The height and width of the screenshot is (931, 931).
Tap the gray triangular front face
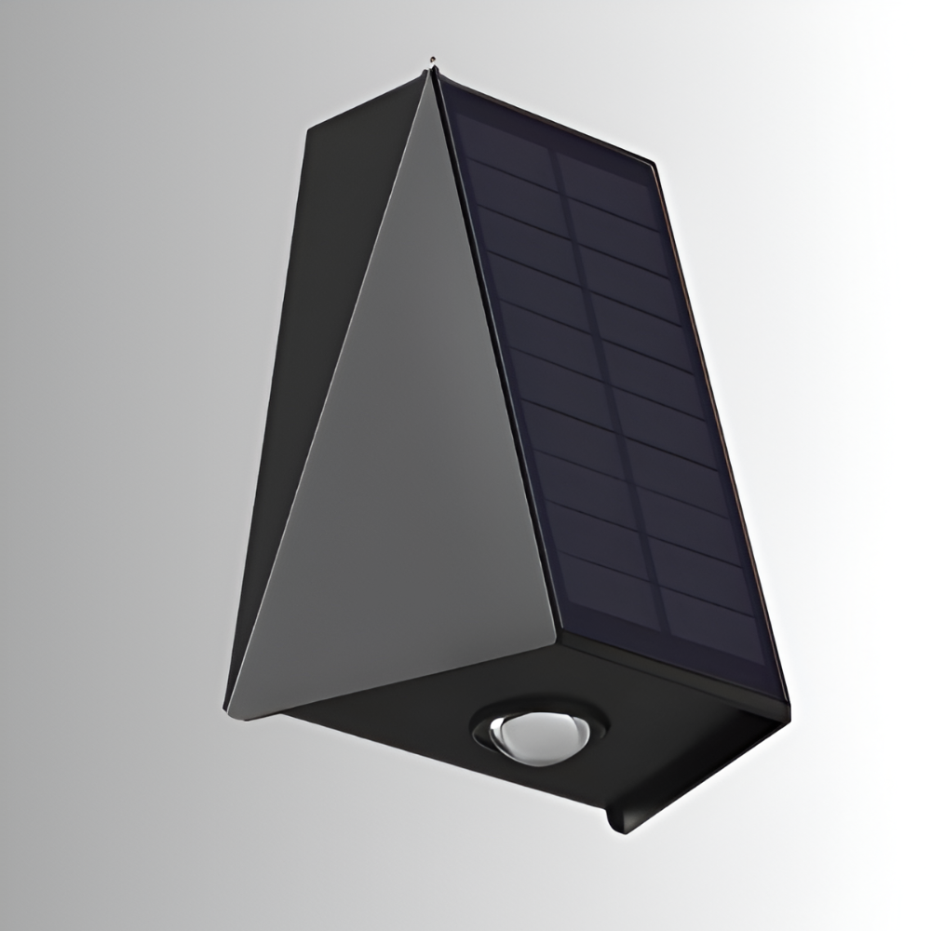410,465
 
